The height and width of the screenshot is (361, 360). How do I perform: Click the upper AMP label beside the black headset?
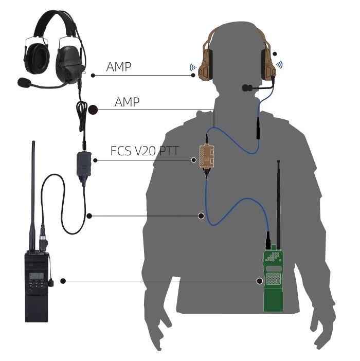[x=118, y=67]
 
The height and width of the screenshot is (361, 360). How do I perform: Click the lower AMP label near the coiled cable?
[x=127, y=102]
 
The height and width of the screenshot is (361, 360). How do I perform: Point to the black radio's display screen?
[x=36, y=277]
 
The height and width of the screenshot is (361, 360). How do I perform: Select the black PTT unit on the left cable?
[x=82, y=165]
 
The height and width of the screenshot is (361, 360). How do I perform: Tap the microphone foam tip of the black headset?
[x=24, y=81]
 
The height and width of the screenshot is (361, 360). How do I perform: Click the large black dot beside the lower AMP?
[x=93, y=109]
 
